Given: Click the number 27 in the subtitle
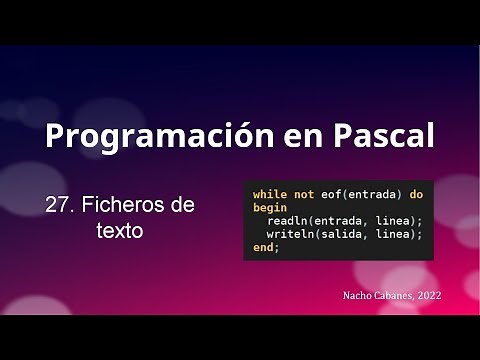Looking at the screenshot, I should click(x=57, y=205).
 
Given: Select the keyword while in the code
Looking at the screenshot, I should click(x=269, y=193).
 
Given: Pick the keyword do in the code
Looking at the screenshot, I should click(x=416, y=193).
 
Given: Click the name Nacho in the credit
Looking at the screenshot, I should click(x=355, y=296).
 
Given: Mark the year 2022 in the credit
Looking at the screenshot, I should click(x=430, y=296).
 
